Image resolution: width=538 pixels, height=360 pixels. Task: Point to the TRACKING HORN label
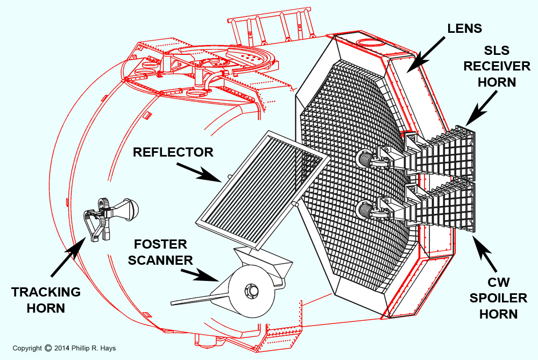46,300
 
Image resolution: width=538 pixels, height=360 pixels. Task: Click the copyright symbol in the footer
48,348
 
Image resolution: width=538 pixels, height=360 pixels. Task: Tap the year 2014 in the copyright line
62,348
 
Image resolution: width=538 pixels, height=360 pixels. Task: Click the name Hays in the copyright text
107,348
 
